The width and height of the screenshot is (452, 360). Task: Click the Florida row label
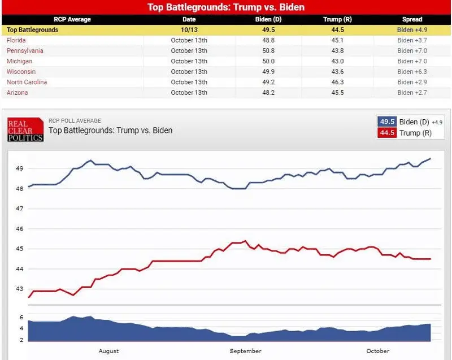coord(16,40)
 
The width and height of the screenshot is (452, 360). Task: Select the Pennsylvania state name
coord(25,51)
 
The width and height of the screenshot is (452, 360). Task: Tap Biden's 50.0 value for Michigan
coord(268,61)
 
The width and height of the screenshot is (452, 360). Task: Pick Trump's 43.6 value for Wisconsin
coord(337,71)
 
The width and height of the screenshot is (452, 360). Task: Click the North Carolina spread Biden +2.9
coord(412,82)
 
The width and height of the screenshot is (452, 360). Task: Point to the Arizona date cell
coord(189,93)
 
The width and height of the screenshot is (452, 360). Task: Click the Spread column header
coord(412,19)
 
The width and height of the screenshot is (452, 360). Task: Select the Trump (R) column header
coord(337,19)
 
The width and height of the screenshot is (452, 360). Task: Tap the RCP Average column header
coord(72,19)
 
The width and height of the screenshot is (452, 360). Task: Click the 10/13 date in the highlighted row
coord(189,30)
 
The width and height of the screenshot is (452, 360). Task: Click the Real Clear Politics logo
coord(25,129)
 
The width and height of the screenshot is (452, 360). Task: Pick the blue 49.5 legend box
coord(387,122)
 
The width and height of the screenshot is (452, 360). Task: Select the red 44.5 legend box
coord(387,133)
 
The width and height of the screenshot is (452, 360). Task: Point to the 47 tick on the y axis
coord(19,209)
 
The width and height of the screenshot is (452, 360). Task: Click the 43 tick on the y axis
coord(19,289)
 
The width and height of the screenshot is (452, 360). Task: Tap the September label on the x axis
coord(246,351)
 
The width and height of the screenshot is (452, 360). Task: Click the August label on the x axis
coord(108,351)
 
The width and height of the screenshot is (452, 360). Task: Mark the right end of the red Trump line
coord(431,259)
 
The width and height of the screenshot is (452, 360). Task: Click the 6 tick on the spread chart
coord(21,318)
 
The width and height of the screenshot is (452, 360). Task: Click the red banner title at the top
coord(226,7)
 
